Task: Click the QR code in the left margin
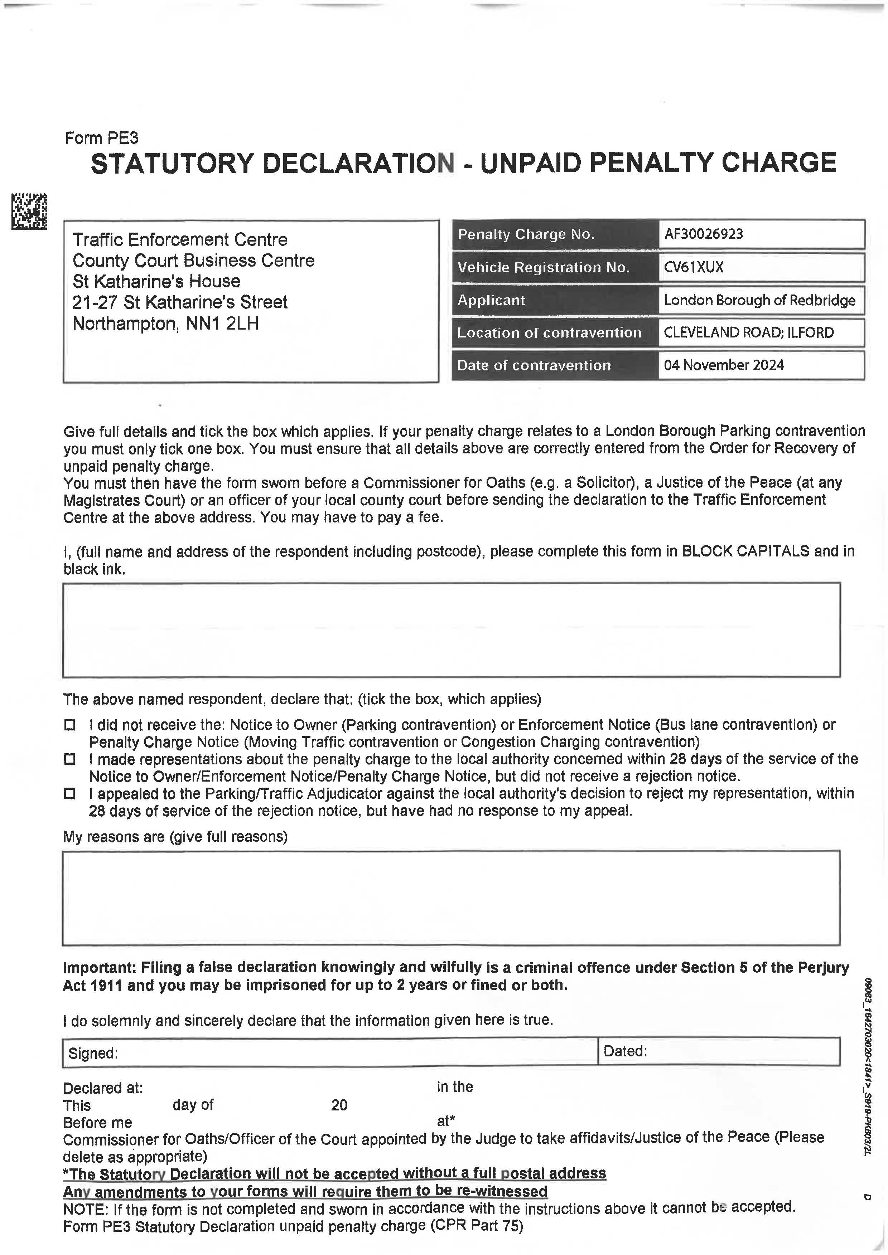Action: (x=29, y=211)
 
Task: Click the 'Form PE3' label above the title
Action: (x=102, y=138)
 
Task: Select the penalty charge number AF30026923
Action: (x=703, y=234)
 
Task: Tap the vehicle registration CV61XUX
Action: (x=693, y=267)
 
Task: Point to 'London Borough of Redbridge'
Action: (x=759, y=300)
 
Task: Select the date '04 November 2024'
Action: (x=723, y=365)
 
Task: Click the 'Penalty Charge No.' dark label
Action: (x=526, y=234)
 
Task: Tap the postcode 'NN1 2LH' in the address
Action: (x=222, y=324)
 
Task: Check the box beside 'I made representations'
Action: (x=69, y=759)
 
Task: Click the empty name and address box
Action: (x=451, y=630)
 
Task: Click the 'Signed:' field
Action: (x=328, y=1053)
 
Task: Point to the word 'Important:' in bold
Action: (x=100, y=968)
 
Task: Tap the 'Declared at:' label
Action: (x=103, y=1088)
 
